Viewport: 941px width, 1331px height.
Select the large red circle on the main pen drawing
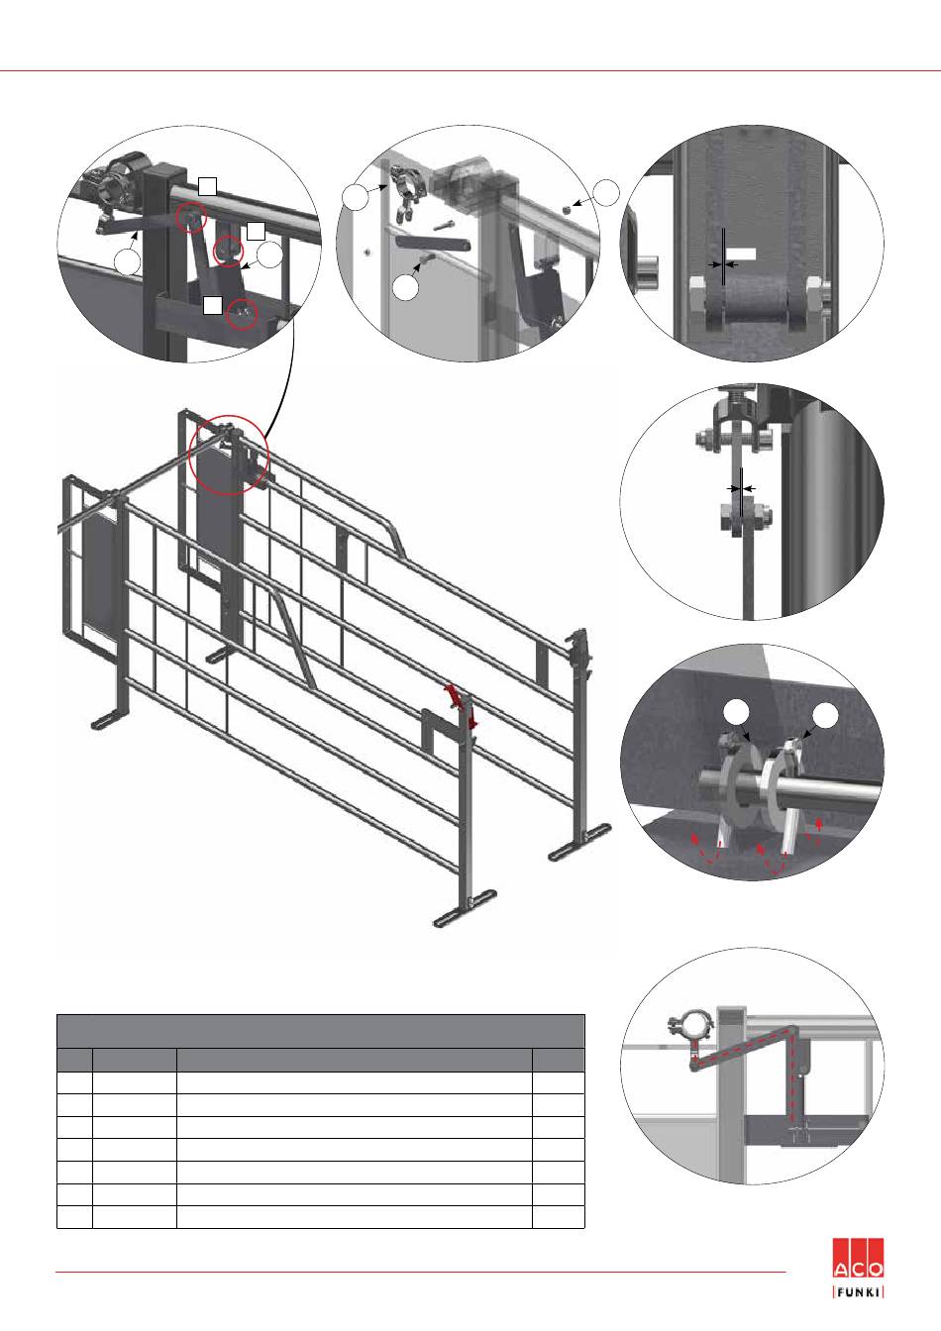pyautogui.click(x=228, y=455)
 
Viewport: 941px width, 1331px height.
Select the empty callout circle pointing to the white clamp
pyautogui.click(x=825, y=715)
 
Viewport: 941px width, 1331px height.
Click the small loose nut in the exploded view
pyautogui.click(x=568, y=209)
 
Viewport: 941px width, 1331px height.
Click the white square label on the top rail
pyautogui.click(x=207, y=186)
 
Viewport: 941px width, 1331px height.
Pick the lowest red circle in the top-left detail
pyautogui.click(x=242, y=313)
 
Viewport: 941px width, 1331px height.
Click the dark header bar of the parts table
pyautogui.click(x=321, y=1031)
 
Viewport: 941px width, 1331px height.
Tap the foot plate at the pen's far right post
pyautogui.click(x=579, y=842)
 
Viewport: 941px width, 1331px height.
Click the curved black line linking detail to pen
pyautogui.click(x=280, y=384)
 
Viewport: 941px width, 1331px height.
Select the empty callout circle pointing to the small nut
pyautogui.click(x=607, y=192)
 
